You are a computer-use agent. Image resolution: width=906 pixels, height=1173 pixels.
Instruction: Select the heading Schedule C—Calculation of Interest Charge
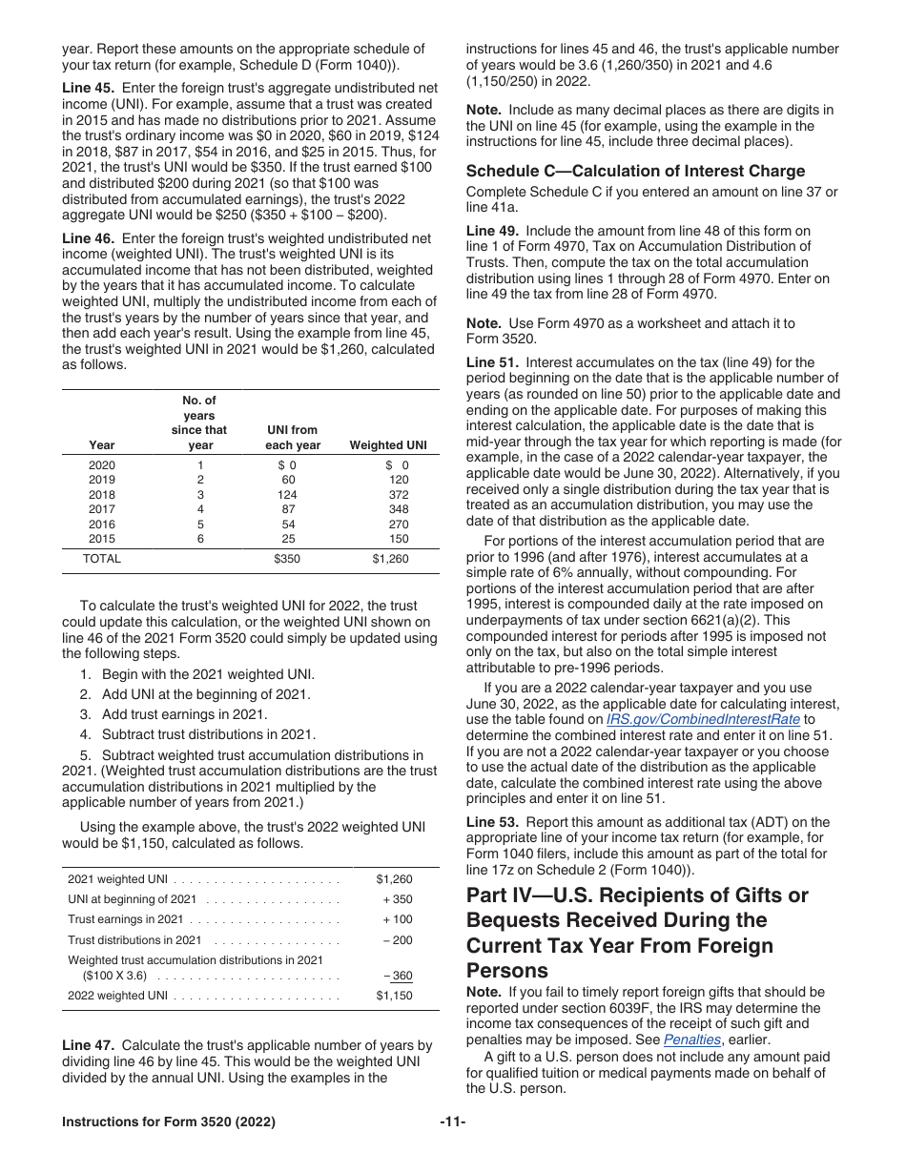[x=635, y=171]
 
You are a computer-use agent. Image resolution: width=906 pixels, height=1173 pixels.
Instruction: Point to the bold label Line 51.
[x=492, y=362]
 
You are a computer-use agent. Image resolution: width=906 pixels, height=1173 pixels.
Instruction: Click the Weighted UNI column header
[x=388, y=445]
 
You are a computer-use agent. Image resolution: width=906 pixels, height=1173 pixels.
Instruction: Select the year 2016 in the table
[x=101, y=525]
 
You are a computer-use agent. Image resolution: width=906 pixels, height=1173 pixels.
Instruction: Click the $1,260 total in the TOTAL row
[x=390, y=559]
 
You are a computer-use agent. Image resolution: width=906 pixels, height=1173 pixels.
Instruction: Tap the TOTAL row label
[x=102, y=559]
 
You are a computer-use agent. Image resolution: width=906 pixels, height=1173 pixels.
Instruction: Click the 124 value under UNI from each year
[x=287, y=495]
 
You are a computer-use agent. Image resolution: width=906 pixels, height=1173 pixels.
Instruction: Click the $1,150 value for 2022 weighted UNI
[x=394, y=996]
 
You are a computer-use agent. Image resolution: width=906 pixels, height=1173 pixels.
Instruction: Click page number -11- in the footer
[x=452, y=1122]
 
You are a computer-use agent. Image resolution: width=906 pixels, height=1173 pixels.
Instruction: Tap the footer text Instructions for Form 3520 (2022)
[x=169, y=1122]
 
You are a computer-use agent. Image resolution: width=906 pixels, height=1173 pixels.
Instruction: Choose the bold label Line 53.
[x=492, y=822]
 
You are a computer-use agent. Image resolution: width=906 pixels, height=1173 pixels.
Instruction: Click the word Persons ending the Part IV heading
[x=507, y=970]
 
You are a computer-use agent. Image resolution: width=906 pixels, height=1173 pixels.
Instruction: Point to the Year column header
[x=102, y=445]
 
